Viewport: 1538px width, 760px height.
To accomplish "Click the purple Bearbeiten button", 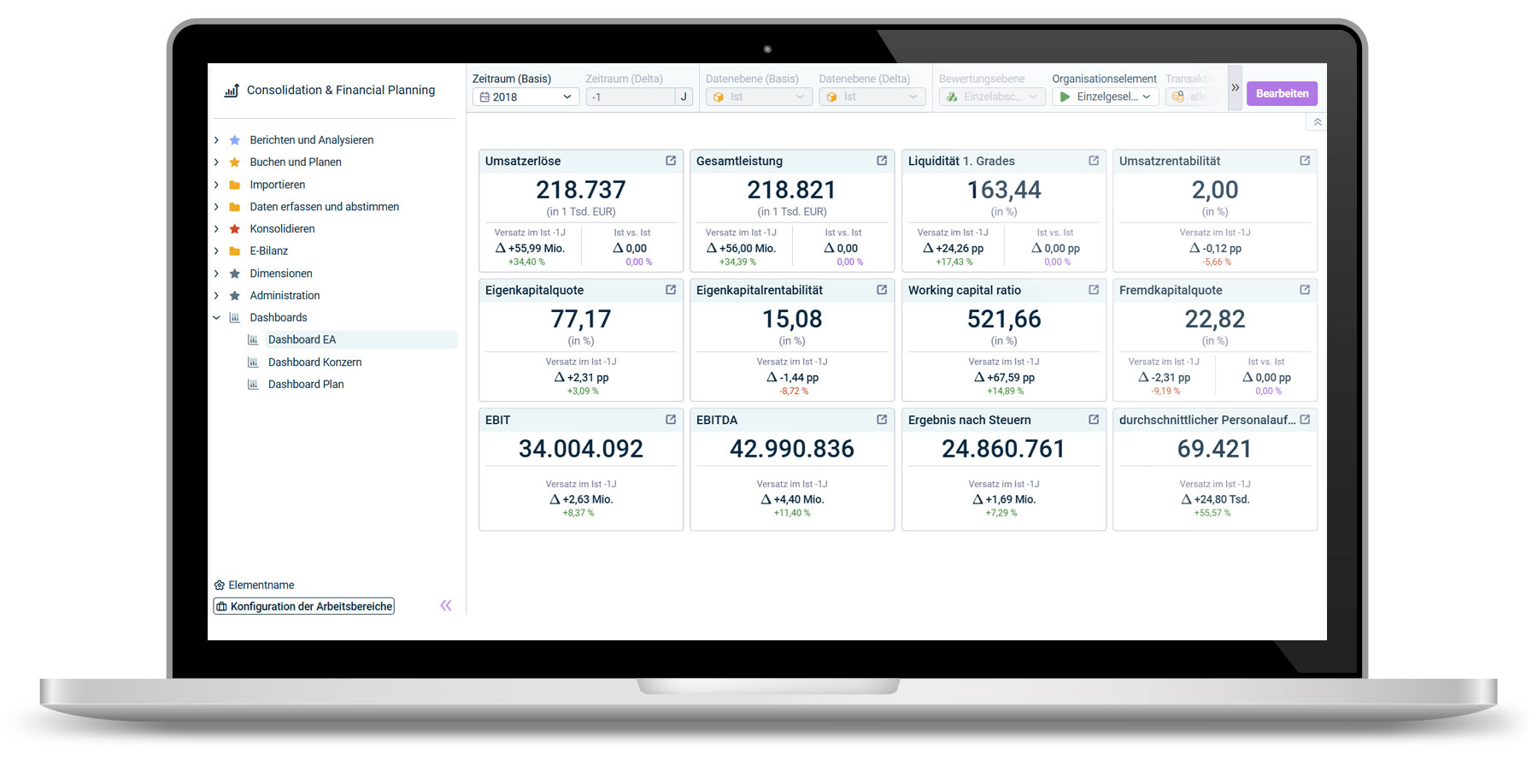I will pyautogui.click(x=1281, y=93).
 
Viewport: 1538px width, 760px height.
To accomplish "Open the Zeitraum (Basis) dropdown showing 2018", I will pyautogui.click(x=525, y=97).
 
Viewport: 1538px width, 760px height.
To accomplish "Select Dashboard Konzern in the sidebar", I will pyautogui.click(x=314, y=362).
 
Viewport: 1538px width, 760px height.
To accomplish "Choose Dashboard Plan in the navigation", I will pyautogui.click(x=306, y=385).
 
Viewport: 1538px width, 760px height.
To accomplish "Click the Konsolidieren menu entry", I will pyautogui.click(x=282, y=229).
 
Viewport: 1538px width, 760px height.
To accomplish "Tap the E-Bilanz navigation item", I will pyautogui.click(x=268, y=251).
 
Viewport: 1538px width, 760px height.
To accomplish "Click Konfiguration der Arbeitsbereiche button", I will pyautogui.click(x=304, y=606).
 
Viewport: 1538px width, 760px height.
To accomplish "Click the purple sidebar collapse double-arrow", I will pyautogui.click(x=445, y=605).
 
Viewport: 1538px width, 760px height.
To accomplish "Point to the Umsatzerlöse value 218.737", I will pyautogui.click(x=581, y=190).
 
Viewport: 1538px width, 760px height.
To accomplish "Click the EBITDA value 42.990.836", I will pyautogui.click(x=792, y=449).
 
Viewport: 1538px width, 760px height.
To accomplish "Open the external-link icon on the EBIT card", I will pyautogui.click(x=671, y=420).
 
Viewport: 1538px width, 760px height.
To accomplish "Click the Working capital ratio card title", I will pyautogui.click(x=964, y=291).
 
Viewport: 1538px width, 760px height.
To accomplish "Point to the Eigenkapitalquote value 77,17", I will pyautogui.click(x=581, y=320).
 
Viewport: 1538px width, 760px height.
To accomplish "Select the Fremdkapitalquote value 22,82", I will pyautogui.click(x=1214, y=320).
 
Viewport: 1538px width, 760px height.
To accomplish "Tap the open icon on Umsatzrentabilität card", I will pyautogui.click(x=1305, y=161).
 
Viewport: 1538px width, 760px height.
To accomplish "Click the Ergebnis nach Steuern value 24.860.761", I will pyautogui.click(x=1003, y=449).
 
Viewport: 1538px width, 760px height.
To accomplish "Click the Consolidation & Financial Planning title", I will pyautogui.click(x=340, y=90).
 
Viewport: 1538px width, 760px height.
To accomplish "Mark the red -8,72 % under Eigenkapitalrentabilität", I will pyautogui.click(x=794, y=392).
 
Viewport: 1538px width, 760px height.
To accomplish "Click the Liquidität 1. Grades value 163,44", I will pyautogui.click(x=1004, y=190).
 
